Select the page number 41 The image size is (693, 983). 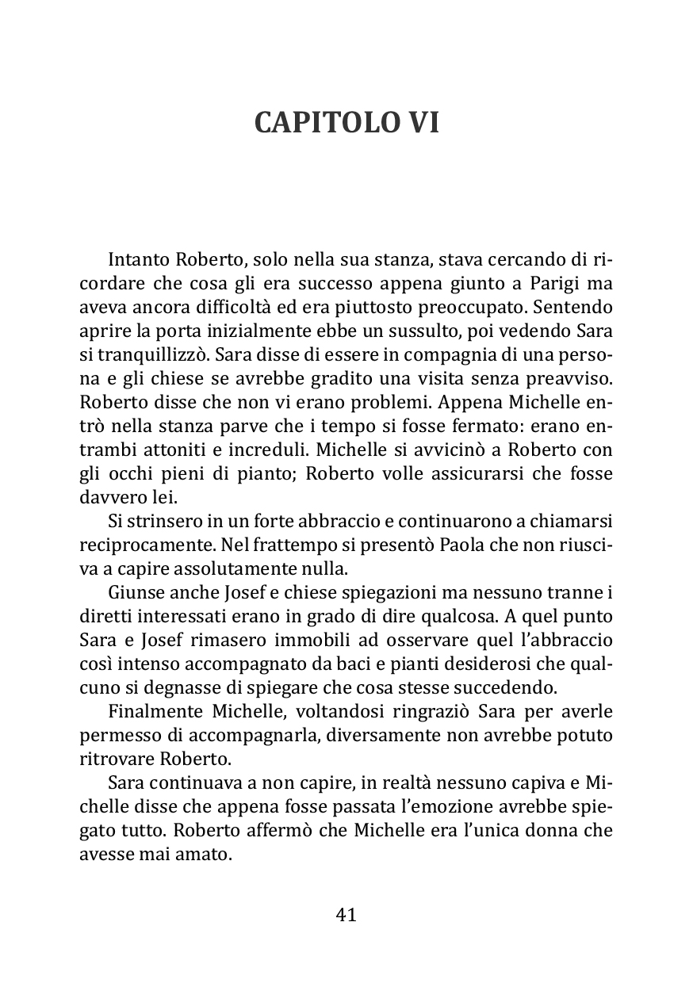point(346,915)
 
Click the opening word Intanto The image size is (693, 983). point(138,258)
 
